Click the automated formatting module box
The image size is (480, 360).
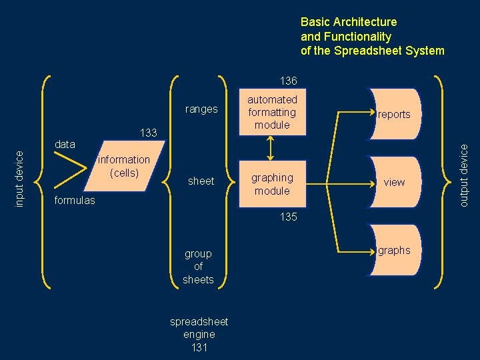click(x=272, y=112)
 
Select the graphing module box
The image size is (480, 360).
click(x=271, y=184)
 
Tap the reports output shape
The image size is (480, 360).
click(x=394, y=114)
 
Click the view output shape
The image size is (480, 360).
click(x=394, y=182)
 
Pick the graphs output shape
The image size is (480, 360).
click(x=394, y=251)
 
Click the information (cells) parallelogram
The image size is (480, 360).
click(x=124, y=166)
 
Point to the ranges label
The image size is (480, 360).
click(x=201, y=109)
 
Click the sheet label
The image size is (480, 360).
click(x=201, y=181)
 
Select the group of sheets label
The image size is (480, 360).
click(x=198, y=267)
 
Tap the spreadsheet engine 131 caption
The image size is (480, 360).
click(x=199, y=334)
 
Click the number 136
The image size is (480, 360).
click(x=289, y=81)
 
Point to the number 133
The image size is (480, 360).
click(x=148, y=133)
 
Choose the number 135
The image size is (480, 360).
click(x=289, y=217)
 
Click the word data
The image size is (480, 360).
click(x=65, y=144)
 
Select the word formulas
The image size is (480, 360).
click(x=74, y=200)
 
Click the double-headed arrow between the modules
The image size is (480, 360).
click(x=271, y=147)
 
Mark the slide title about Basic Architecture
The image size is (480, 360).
click(x=372, y=36)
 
